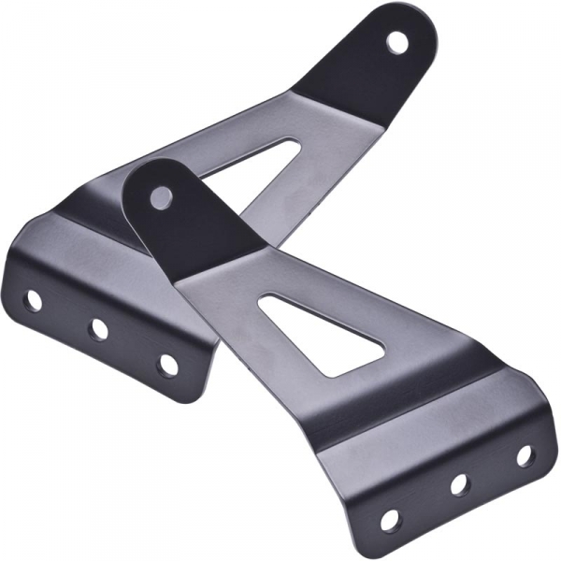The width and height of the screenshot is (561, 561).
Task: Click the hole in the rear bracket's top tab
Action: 397,41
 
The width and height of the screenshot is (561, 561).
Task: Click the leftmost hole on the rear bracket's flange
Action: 33,300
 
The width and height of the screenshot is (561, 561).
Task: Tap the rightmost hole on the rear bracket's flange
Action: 168,364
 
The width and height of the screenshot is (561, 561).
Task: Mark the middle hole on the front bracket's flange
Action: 459,484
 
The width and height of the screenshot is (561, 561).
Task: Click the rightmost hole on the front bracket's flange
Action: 525,455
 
